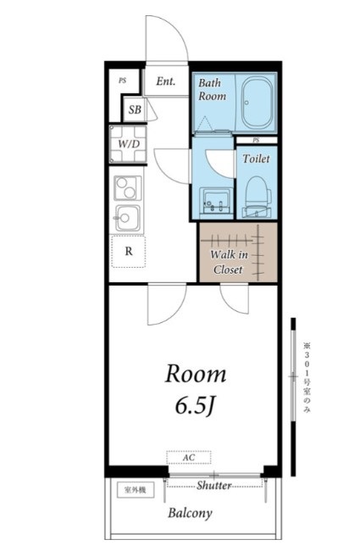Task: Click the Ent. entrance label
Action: pos(165,81)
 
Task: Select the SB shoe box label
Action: pos(135,109)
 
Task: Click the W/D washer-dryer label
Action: pos(129,144)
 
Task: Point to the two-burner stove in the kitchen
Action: pos(128,188)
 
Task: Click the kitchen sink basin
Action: pos(128,218)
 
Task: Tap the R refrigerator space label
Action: pos(129,252)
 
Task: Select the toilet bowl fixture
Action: pos(258,197)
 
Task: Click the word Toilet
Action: pos(257,159)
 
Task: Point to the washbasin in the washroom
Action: pos(216,201)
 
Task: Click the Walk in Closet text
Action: pos(229,262)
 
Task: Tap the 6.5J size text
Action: pos(195,407)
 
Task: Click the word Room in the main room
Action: pos(196,374)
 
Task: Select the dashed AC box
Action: pos(189,458)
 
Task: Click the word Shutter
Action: pos(214,485)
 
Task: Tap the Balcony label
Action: pos(190,514)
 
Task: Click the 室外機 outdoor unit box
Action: pos(136,490)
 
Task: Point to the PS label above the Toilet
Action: pos(256,141)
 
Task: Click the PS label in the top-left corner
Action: pos(122,81)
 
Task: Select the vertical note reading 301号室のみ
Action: pos(307,378)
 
